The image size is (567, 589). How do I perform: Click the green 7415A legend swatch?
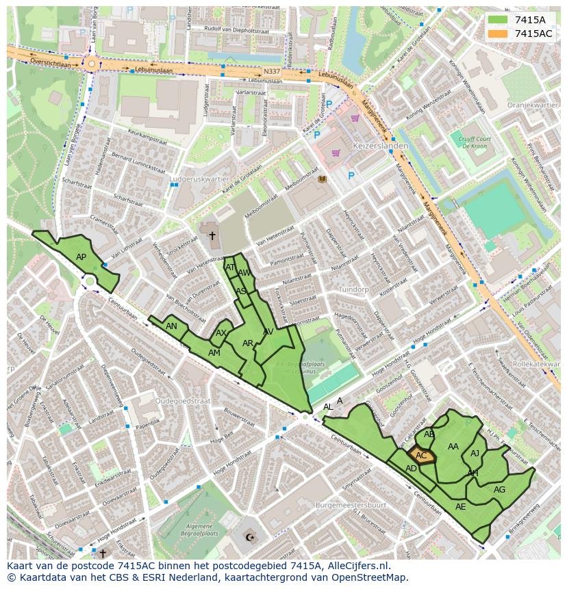tap(498, 20)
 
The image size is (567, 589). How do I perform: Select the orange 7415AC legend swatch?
tap(498, 34)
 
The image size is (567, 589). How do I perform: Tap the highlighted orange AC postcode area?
tap(421, 456)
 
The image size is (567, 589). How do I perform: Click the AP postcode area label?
tap(81, 257)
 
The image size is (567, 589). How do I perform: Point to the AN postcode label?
tap(171, 326)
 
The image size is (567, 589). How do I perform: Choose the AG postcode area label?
tap(499, 489)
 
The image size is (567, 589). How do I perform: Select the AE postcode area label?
tap(460, 507)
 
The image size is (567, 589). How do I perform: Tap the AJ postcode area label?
tap(475, 453)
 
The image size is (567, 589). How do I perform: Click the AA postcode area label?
tap(453, 447)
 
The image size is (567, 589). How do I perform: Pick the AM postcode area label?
tap(214, 353)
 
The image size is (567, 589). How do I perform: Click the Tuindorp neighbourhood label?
tap(353, 289)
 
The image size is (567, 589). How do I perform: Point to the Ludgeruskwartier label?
tap(199, 179)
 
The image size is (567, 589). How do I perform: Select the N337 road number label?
tap(271, 70)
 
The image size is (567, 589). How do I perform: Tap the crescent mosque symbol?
tap(249, 538)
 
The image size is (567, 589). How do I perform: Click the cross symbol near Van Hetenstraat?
tap(212, 236)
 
